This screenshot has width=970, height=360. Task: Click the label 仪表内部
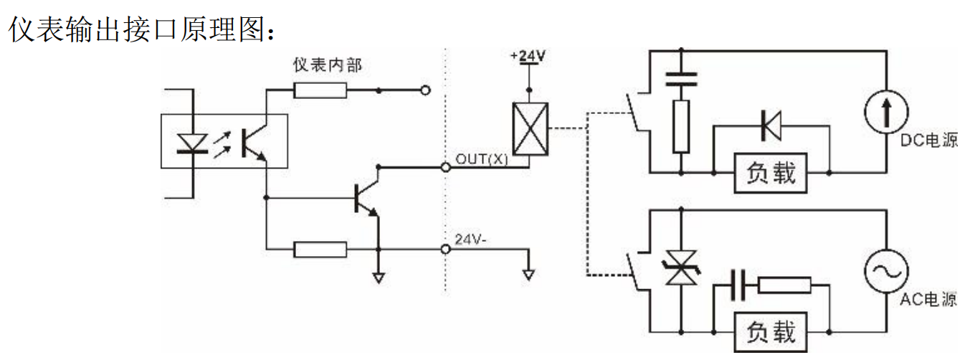tap(327, 65)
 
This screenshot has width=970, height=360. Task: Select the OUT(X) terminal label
tap(481, 158)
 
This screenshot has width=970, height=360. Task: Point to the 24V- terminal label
tap(471, 240)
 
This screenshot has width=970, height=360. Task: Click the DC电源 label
tap(928, 141)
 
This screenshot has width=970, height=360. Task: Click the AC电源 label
tap(928, 300)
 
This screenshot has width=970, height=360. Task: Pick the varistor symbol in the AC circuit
tap(680, 269)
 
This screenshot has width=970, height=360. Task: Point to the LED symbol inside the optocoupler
tap(192, 143)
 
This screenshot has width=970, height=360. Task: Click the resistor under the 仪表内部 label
tap(320, 90)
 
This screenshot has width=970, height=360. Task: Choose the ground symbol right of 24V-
tap(528, 273)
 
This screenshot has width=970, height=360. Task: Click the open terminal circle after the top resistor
tap(425, 90)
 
